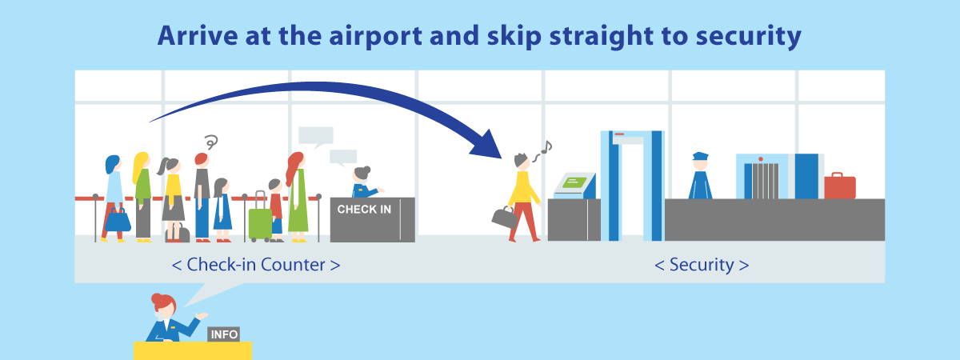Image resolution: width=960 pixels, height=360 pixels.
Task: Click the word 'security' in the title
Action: pyautogui.click(x=748, y=37)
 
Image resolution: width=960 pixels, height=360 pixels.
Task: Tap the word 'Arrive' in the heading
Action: pyautogui.click(x=198, y=35)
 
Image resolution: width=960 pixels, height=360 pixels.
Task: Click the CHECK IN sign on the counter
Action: pyautogui.click(x=364, y=209)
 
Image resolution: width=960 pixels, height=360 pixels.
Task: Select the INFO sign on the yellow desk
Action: pyautogui.click(x=224, y=334)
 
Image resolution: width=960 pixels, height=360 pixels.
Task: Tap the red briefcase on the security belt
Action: pyautogui.click(x=840, y=186)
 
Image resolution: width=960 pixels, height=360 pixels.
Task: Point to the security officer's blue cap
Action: pyautogui.click(x=700, y=156)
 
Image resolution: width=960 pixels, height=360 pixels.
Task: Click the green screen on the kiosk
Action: pyautogui.click(x=574, y=182)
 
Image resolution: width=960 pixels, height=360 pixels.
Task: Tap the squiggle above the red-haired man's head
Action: pyautogui.click(x=211, y=142)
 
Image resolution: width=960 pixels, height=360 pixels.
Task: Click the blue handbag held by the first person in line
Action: pyautogui.click(x=118, y=220)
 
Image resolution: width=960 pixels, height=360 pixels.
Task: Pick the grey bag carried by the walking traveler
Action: pyautogui.click(x=505, y=217)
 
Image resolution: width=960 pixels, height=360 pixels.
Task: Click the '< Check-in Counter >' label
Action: pyautogui.click(x=256, y=265)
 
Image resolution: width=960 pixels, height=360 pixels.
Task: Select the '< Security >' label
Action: pyautogui.click(x=702, y=265)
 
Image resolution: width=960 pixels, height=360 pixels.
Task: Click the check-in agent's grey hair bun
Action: pyautogui.click(x=366, y=170)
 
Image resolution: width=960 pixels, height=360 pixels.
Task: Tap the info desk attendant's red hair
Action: pyautogui.click(x=163, y=302)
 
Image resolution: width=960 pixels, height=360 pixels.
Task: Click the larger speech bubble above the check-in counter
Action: pyautogui.click(x=316, y=136)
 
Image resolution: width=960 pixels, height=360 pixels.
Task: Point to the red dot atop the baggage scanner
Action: pyautogui.click(x=761, y=159)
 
